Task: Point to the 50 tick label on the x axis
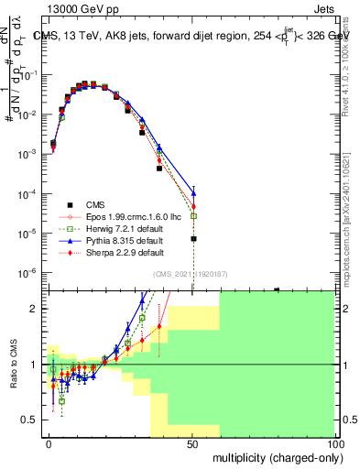[x=192, y=443]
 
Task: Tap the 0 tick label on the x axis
[x=49, y=443]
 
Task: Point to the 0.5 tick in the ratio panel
[x=30, y=420]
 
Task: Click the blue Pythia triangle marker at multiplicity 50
[x=193, y=192]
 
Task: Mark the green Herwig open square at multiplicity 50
[x=193, y=216]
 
